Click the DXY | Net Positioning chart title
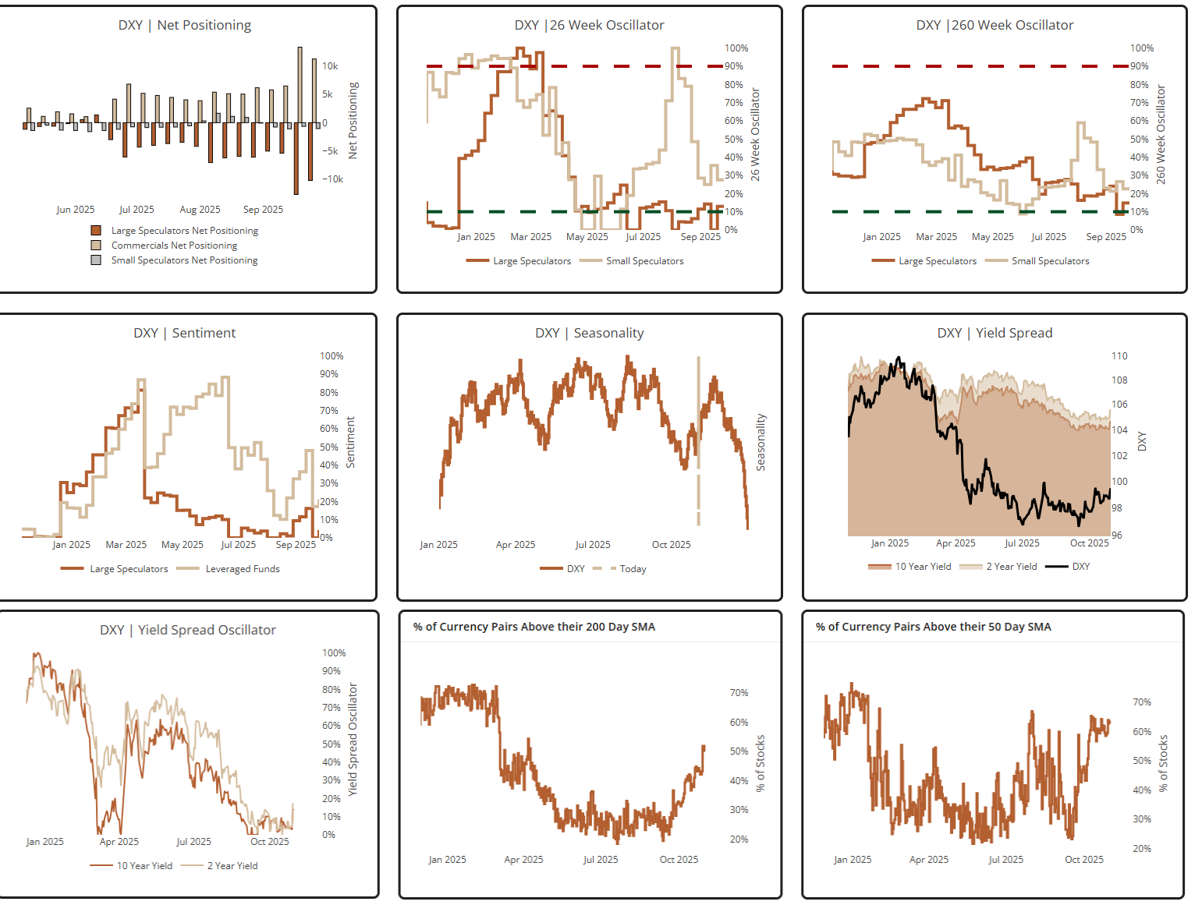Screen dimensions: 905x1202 pos(185,25)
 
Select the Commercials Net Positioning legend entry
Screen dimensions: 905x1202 pos(174,246)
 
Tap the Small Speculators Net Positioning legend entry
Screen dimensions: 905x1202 pos(184,260)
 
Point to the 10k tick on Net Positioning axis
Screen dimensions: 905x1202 pos(330,66)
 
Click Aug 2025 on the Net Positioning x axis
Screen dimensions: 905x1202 pos(200,210)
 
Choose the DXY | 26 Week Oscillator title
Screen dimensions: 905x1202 pos(589,25)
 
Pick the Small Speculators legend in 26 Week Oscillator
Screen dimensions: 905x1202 pos(644,261)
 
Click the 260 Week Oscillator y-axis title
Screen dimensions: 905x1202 pos(1161,135)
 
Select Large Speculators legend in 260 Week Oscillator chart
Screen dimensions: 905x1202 pos(937,261)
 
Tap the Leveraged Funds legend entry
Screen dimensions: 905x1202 pos(242,569)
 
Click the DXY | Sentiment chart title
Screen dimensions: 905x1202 pos(184,333)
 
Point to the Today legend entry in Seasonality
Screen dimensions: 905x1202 pos(633,569)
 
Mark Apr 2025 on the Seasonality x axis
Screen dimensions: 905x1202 pos(516,545)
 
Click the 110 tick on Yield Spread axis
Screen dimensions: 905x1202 pos(1119,356)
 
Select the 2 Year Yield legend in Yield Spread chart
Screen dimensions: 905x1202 pos(1011,567)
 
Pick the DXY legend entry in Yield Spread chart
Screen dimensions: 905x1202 pos(1080,567)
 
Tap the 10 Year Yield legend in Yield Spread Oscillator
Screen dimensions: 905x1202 pos(144,866)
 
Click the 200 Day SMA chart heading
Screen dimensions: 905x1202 pos(534,627)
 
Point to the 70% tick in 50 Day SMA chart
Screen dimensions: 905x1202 pos(1142,702)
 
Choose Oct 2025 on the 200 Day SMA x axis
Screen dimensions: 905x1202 pos(679,860)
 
